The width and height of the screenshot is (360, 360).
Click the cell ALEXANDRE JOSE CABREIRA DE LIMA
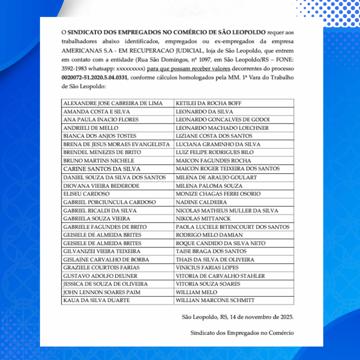tap(113, 103)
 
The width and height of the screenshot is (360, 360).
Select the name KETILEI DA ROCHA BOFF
tap(208, 103)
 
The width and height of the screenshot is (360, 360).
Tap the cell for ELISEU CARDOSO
tap(86, 194)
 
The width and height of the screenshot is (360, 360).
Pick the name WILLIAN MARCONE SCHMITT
tap(215, 301)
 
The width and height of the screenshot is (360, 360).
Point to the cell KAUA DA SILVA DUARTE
tap(96, 301)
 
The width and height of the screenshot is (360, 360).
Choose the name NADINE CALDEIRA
tap(201, 202)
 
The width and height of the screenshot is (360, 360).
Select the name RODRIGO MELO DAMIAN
tap(209, 235)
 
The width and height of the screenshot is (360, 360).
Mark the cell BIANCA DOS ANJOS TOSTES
tap(99, 136)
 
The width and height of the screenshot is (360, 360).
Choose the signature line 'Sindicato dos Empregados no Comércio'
tap(242, 333)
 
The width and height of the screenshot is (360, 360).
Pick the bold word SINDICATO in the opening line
tap(84, 32)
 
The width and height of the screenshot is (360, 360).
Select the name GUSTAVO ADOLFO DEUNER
tap(100, 276)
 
